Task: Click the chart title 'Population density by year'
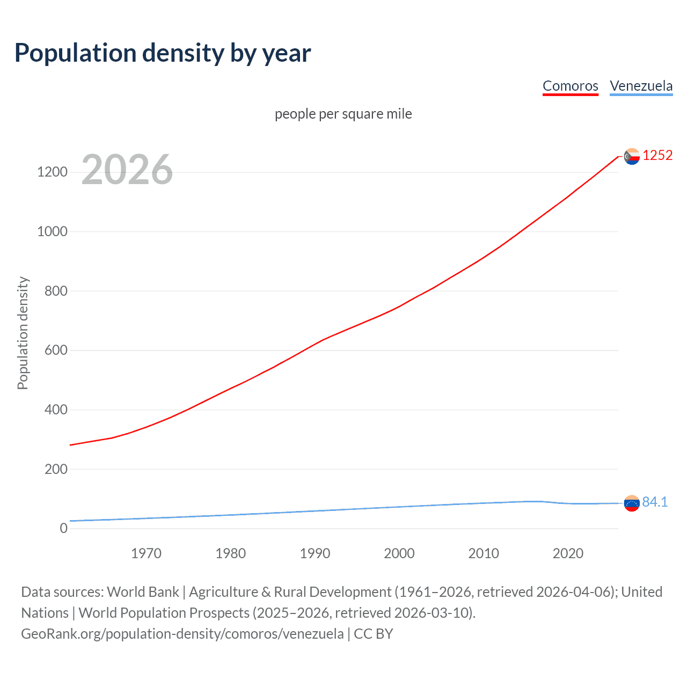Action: tap(163, 53)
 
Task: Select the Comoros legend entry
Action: tap(570, 86)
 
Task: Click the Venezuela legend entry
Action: tap(641, 86)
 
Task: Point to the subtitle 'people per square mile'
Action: tap(343, 114)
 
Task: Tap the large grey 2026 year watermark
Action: tap(127, 170)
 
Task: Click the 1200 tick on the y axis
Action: tap(52, 172)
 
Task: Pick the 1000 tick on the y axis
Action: tap(52, 232)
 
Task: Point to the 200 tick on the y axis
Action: tap(55, 469)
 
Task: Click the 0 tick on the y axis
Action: tap(64, 528)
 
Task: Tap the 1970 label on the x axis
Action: tap(146, 553)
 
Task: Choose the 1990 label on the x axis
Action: tap(315, 553)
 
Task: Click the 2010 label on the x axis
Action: tap(484, 553)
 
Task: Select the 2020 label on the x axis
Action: tap(568, 553)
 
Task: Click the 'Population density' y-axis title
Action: tap(23, 333)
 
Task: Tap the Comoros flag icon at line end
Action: tap(632, 156)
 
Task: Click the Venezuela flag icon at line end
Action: tap(632, 503)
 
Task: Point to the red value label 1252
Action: tap(657, 155)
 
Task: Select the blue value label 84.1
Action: tap(655, 502)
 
